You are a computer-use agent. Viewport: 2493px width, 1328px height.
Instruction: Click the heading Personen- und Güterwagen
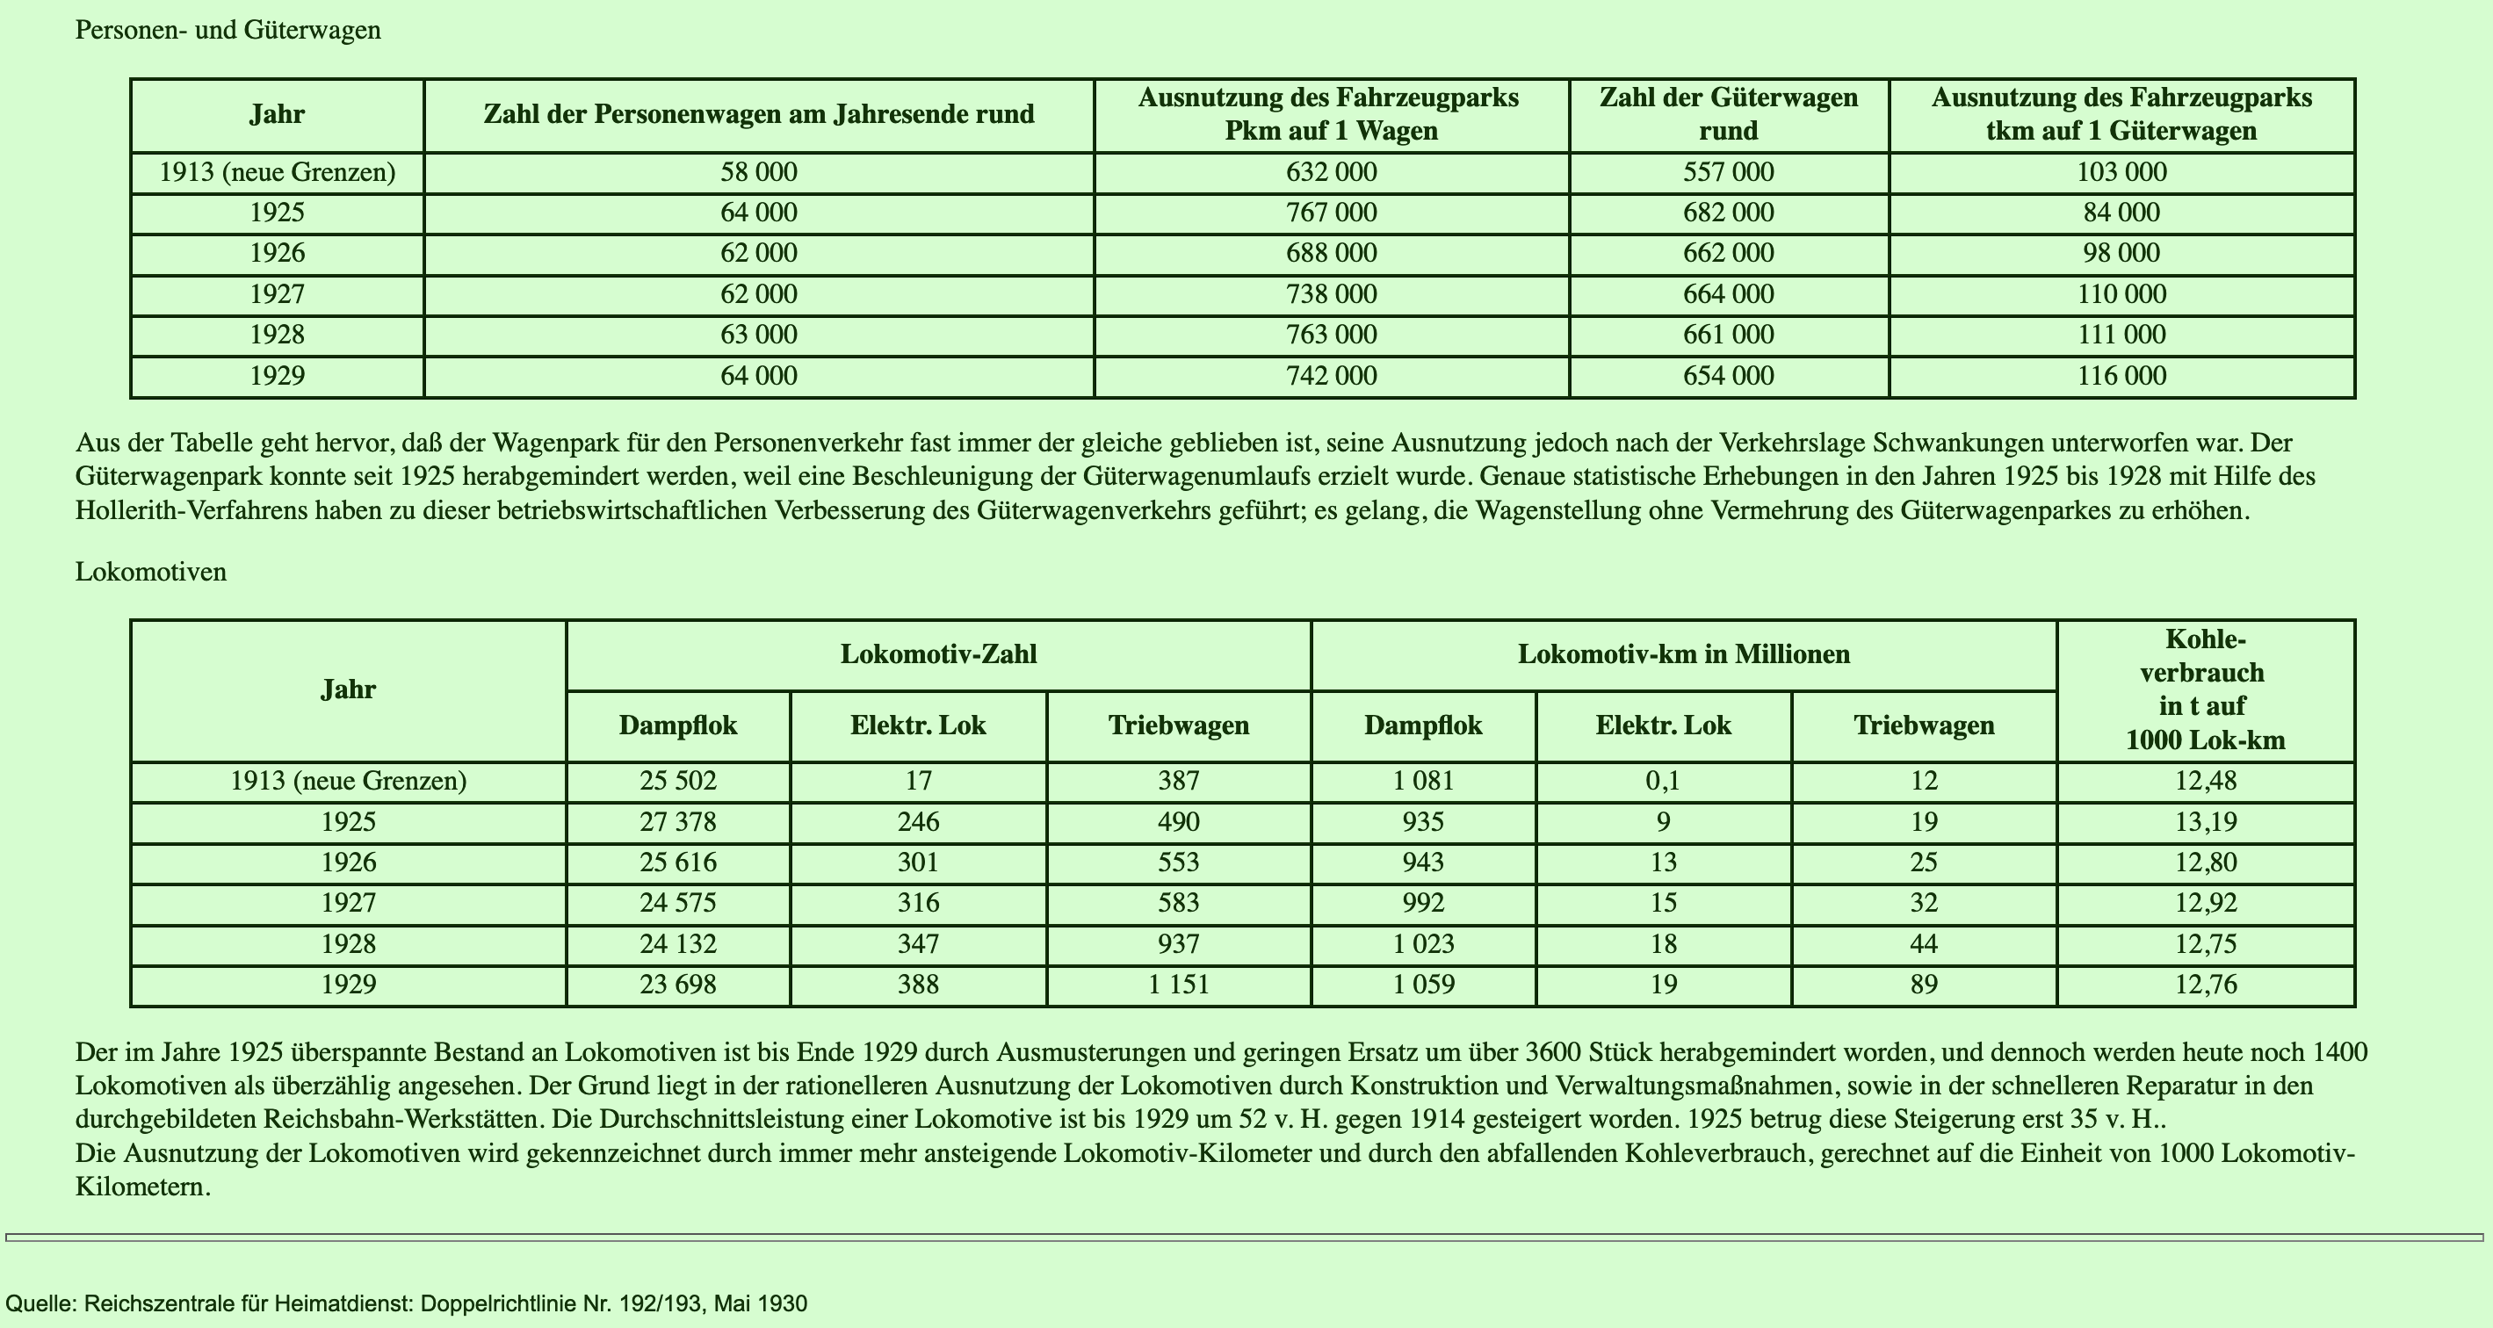click(228, 30)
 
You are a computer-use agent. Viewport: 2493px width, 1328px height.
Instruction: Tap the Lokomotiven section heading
click(151, 571)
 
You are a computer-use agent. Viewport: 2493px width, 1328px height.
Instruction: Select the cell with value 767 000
click(1331, 213)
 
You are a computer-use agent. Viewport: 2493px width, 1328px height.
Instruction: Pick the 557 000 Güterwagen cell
click(1729, 172)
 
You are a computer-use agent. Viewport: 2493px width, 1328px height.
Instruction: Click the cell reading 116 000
click(2121, 376)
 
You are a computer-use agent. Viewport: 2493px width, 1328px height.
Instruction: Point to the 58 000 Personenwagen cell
click(759, 172)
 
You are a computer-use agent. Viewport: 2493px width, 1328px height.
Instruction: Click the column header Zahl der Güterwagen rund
click(1729, 114)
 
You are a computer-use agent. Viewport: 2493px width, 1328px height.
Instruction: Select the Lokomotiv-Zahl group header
click(938, 654)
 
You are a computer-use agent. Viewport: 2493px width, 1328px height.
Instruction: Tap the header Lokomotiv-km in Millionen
click(1683, 654)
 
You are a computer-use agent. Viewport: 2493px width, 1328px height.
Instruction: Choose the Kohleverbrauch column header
click(2205, 689)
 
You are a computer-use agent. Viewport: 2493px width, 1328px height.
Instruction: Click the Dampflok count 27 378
click(677, 822)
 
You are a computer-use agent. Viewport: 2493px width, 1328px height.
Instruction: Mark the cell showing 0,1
click(1663, 781)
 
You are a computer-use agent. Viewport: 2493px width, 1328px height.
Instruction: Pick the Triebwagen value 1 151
click(1178, 985)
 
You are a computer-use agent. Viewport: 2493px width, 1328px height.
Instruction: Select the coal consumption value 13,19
click(2205, 822)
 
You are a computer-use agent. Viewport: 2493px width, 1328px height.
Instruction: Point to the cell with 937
click(1178, 943)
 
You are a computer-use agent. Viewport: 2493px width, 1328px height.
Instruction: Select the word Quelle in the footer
click(39, 1303)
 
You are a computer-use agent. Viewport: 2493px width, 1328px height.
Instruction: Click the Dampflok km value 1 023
click(1423, 943)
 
